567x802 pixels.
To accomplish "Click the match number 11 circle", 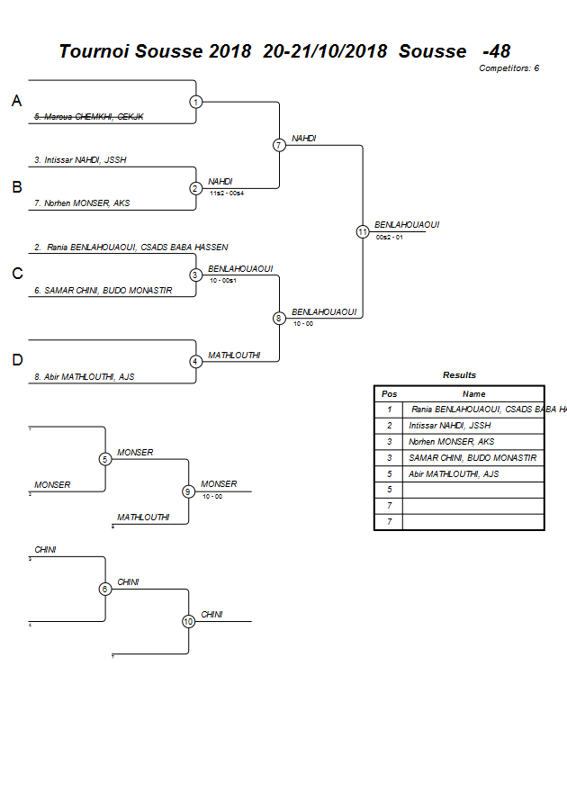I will pyautogui.click(x=363, y=231).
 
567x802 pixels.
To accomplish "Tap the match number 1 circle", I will pyautogui.click(x=196, y=102).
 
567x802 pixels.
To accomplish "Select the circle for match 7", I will pyautogui.click(x=279, y=145).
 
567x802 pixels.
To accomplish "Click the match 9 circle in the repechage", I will pyautogui.click(x=188, y=491).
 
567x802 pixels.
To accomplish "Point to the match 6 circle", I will pyautogui.click(x=105, y=589).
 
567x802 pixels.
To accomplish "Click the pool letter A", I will pyautogui.click(x=16, y=102).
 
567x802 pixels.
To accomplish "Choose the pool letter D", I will pyautogui.click(x=16, y=361).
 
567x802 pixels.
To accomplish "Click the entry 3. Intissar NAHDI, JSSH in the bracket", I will pyautogui.click(x=80, y=160).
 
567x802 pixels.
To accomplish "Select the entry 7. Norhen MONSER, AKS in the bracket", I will pyautogui.click(x=82, y=203).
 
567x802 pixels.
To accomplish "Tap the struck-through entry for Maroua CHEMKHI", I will pyautogui.click(x=82, y=117).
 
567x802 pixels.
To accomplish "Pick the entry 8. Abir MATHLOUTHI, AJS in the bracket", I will pyautogui.click(x=84, y=377).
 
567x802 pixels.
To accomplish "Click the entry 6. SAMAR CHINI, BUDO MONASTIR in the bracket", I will pyautogui.click(x=103, y=291).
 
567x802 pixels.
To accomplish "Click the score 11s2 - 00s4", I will pyautogui.click(x=226, y=194).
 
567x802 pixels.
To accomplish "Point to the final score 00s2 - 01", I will pyautogui.click(x=389, y=237).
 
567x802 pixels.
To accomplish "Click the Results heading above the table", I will pyautogui.click(x=459, y=375).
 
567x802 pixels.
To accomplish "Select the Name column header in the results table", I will pyautogui.click(x=473, y=393).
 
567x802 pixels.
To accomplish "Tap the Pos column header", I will pyautogui.click(x=389, y=393).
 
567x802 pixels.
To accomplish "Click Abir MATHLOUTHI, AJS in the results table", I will pyautogui.click(x=454, y=473).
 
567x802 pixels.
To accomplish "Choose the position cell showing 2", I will pyautogui.click(x=389, y=425).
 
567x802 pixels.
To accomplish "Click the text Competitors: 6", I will pyautogui.click(x=508, y=68).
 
